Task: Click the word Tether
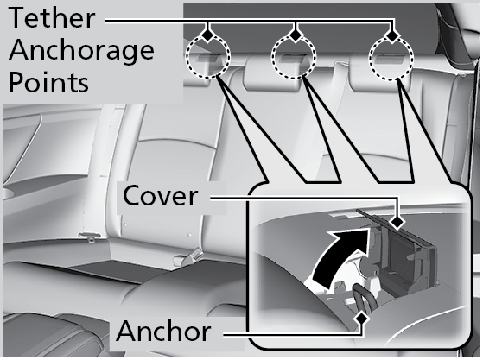coord(52,18)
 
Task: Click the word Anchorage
coord(81,52)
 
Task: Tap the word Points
coord(49,81)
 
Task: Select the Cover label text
coord(160,196)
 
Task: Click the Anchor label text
coord(163,331)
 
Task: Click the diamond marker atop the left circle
coord(208,35)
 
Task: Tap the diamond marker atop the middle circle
coord(296,35)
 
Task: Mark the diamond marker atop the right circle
coord(391,36)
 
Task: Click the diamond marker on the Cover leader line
coord(397,222)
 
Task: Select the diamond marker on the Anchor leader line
coord(362,319)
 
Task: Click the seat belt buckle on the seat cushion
coord(187,257)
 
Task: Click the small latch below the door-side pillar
coord(90,237)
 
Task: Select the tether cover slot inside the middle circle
coord(294,59)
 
